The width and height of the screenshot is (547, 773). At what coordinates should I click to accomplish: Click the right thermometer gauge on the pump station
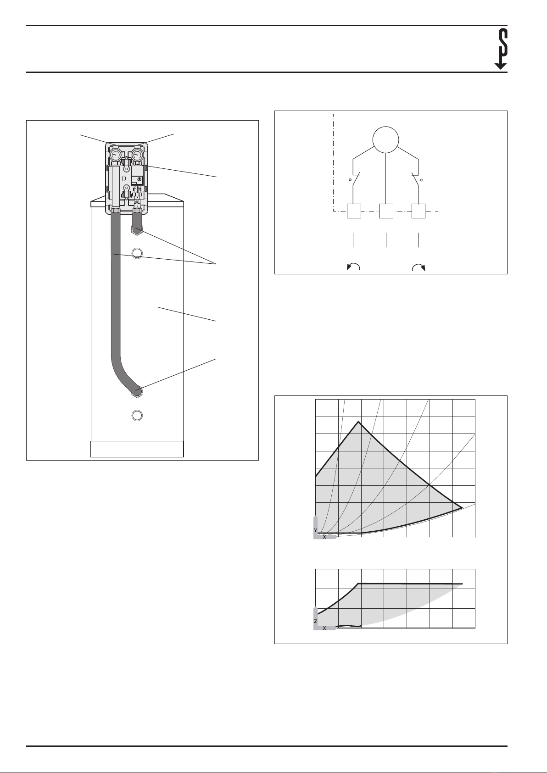(x=138, y=154)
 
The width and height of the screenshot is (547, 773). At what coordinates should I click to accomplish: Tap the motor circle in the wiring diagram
(x=386, y=139)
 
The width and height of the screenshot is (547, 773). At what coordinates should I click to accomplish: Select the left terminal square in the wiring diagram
(x=354, y=211)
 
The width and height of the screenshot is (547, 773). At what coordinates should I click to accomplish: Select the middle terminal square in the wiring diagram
(x=386, y=211)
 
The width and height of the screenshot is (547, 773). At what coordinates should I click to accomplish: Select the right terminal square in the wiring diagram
(x=419, y=211)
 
